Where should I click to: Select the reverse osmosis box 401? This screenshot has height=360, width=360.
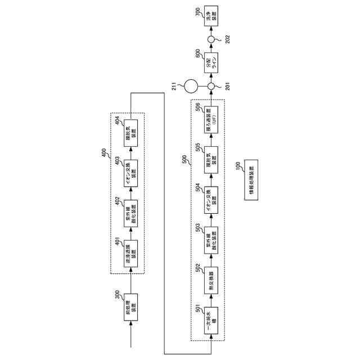tap(130, 254)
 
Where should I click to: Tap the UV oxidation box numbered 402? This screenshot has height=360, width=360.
tap(130, 213)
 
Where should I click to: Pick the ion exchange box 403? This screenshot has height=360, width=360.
tap(130, 173)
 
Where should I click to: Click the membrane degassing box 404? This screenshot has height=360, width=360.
tap(130, 133)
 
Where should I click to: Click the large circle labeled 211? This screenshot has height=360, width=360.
tap(191, 87)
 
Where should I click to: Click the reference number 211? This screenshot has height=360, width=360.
tap(175, 85)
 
